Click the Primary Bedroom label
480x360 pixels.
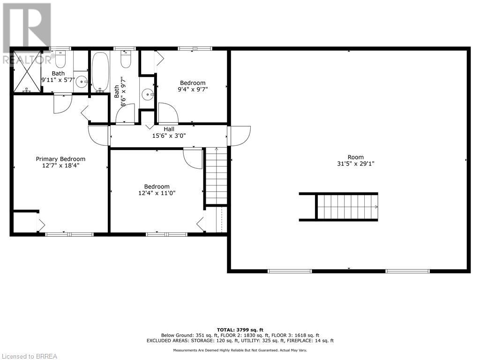pyautogui.click(x=60, y=159)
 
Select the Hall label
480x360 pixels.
pyautogui.click(x=169, y=129)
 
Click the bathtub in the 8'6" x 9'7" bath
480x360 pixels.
pyautogui.click(x=100, y=72)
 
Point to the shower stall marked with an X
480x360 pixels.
pyautogui.click(x=27, y=72)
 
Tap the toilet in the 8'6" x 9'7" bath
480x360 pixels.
pyautogui.click(x=126, y=60)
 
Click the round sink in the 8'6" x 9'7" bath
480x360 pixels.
pyautogui.click(x=148, y=95)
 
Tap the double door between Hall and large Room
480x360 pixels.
pyautogui.click(x=239, y=136)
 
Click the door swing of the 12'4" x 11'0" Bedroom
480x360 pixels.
pyautogui.click(x=193, y=158)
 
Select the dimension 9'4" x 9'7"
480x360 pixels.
pyautogui.click(x=193, y=89)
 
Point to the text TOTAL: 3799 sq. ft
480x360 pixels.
pyautogui.click(x=240, y=330)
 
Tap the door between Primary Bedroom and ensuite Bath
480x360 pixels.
pyautogui.click(x=62, y=103)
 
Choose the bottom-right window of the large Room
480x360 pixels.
pyautogui.click(x=407, y=271)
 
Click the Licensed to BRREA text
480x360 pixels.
pyautogui.click(x=29, y=356)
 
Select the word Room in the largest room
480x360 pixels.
pyautogui.click(x=356, y=157)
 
